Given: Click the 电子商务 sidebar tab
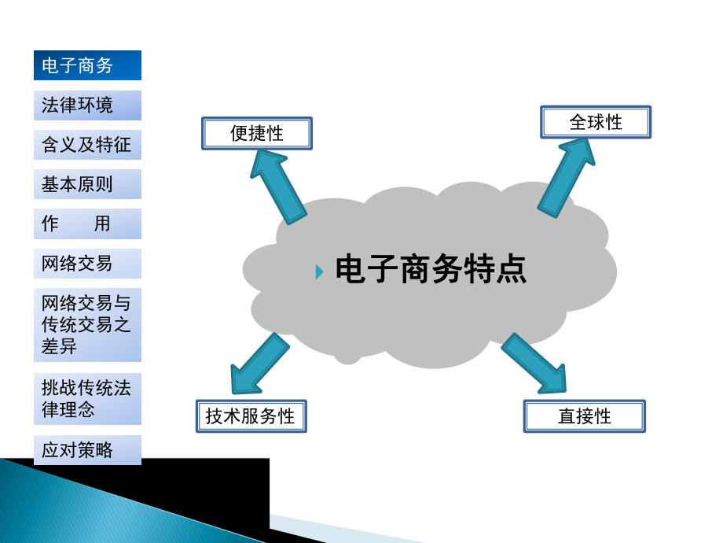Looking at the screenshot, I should pyautogui.click(x=87, y=65).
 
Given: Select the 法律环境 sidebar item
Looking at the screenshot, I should pyautogui.click(x=87, y=105).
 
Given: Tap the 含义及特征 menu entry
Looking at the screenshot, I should pyautogui.click(x=87, y=145).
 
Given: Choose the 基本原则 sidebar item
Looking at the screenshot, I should pyautogui.click(x=87, y=184).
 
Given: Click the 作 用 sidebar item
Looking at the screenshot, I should pyautogui.click(x=87, y=223).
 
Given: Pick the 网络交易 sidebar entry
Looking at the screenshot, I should pyautogui.click(x=87, y=264).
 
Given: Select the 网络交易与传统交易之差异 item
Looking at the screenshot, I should pyautogui.click(x=87, y=324).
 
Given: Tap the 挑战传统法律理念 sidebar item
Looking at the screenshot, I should pyautogui.click(x=87, y=398).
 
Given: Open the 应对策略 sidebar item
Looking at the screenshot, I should pyautogui.click(x=87, y=450).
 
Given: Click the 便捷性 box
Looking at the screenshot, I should pyautogui.click(x=257, y=133).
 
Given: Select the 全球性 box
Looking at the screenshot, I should pyautogui.click(x=596, y=122).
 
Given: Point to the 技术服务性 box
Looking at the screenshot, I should pyautogui.click(x=251, y=416).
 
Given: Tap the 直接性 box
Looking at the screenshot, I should pyautogui.click(x=584, y=416).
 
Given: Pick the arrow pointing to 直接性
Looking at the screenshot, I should pyautogui.click(x=536, y=364).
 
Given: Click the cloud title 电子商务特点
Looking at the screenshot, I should pyautogui.click(x=431, y=270).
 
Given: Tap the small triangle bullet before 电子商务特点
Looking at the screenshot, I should pyautogui.click(x=319, y=271).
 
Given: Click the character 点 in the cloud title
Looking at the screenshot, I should pyautogui.click(x=512, y=270).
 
